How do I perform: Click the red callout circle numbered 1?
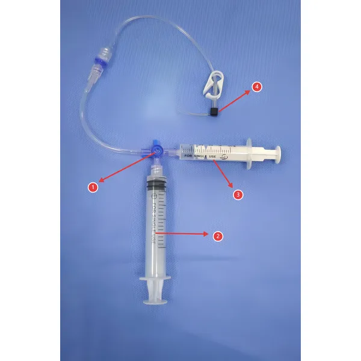point(93,187)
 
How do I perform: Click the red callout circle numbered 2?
point(218,236)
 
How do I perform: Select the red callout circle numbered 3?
point(238,194)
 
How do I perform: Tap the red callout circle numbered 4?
point(257,87)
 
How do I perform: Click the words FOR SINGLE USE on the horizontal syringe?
point(201,156)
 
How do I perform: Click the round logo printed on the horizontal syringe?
point(224,156)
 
